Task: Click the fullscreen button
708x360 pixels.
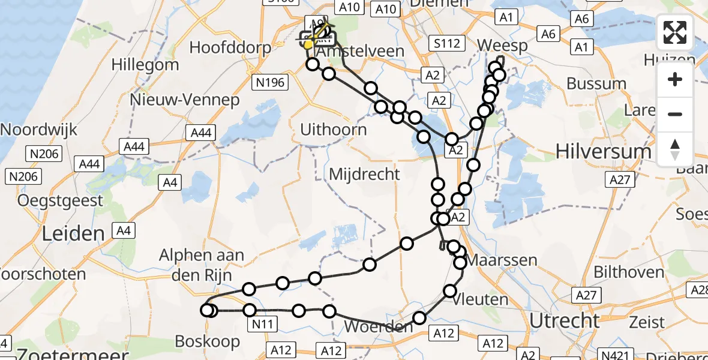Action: [x=675, y=32]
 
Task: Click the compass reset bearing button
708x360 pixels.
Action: [x=675, y=149]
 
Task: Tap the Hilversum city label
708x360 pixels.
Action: [x=603, y=151]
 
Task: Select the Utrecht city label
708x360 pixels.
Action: [x=564, y=320]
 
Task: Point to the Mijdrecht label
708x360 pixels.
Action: [x=365, y=175]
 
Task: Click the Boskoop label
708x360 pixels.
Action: [x=208, y=341]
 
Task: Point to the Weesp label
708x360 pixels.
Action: [x=503, y=46]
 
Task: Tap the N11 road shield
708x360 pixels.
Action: [x=264, y=325]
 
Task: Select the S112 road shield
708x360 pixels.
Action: [x=448, y=43]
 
